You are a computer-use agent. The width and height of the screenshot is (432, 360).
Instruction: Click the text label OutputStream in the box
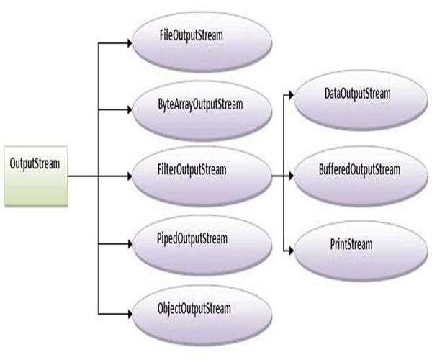click(x=35, y=163)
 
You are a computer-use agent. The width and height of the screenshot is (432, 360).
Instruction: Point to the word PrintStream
click(x=346, y=245)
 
